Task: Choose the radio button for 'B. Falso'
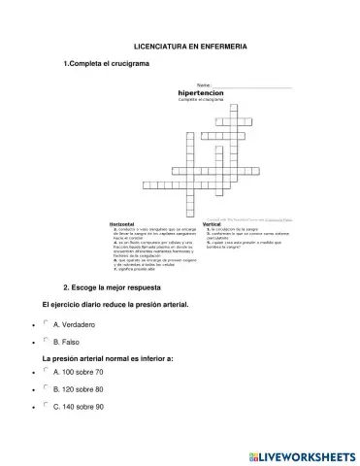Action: (x=46, y=341)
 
